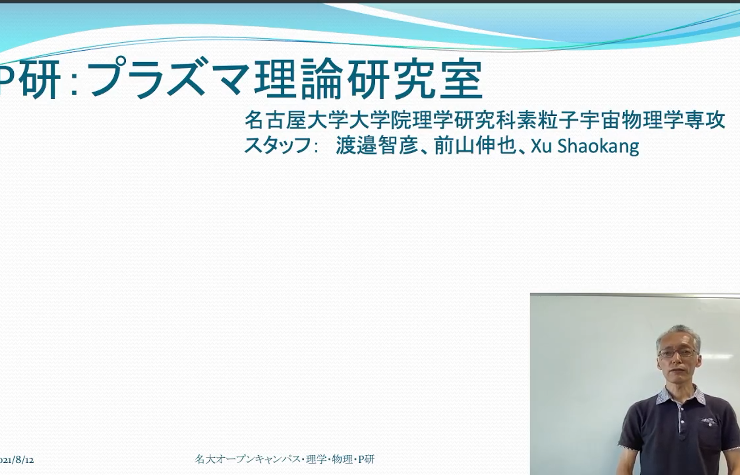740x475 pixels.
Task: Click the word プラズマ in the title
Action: point(168,78)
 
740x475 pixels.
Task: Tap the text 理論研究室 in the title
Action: point(368,79)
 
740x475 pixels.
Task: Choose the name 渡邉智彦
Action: point(377,145)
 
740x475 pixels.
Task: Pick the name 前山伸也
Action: point(475,145)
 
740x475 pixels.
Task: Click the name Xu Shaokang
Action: point(585,146)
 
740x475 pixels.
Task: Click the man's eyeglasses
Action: point(677,353)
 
